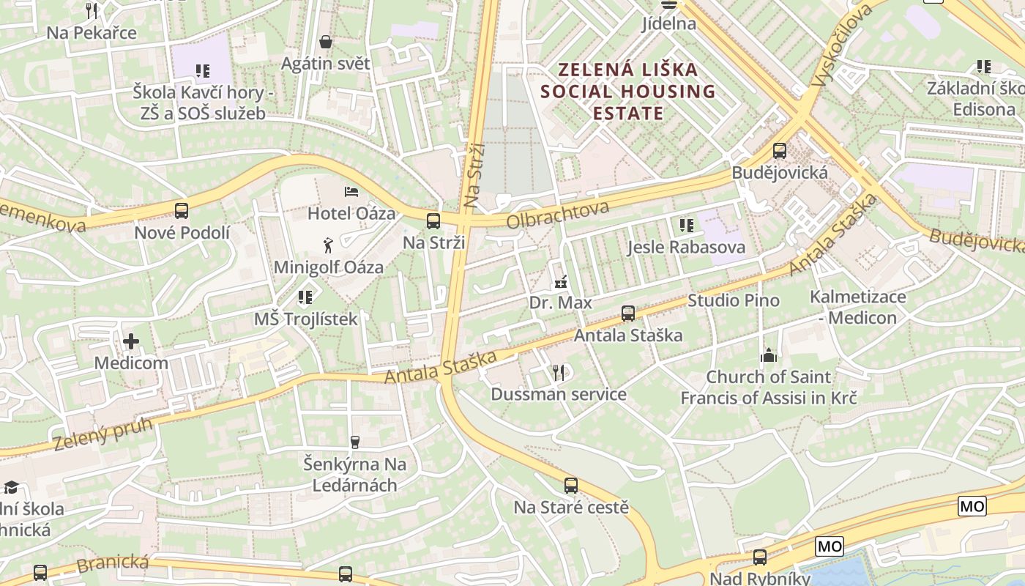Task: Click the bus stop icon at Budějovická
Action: point(780,151)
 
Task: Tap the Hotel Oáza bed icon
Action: point(351,192)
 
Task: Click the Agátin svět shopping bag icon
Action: point(326,42)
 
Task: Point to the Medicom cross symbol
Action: point(131,341)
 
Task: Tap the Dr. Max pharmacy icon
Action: point(561,281)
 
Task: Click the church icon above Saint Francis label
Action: point(769,355)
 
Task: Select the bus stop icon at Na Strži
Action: point(433,220)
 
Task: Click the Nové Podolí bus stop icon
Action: point(182,211)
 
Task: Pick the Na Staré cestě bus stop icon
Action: point(571,485)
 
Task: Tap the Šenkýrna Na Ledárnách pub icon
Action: point(355,442)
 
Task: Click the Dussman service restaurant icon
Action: point(559,373)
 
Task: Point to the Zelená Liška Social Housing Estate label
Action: point(627,92)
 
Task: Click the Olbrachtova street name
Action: point(557,215)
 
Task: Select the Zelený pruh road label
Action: point(102,434)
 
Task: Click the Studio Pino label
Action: point(734,300)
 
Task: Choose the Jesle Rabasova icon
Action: point(686,226)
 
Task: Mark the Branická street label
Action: point(113,565)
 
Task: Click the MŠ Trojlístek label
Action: point(306,319)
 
